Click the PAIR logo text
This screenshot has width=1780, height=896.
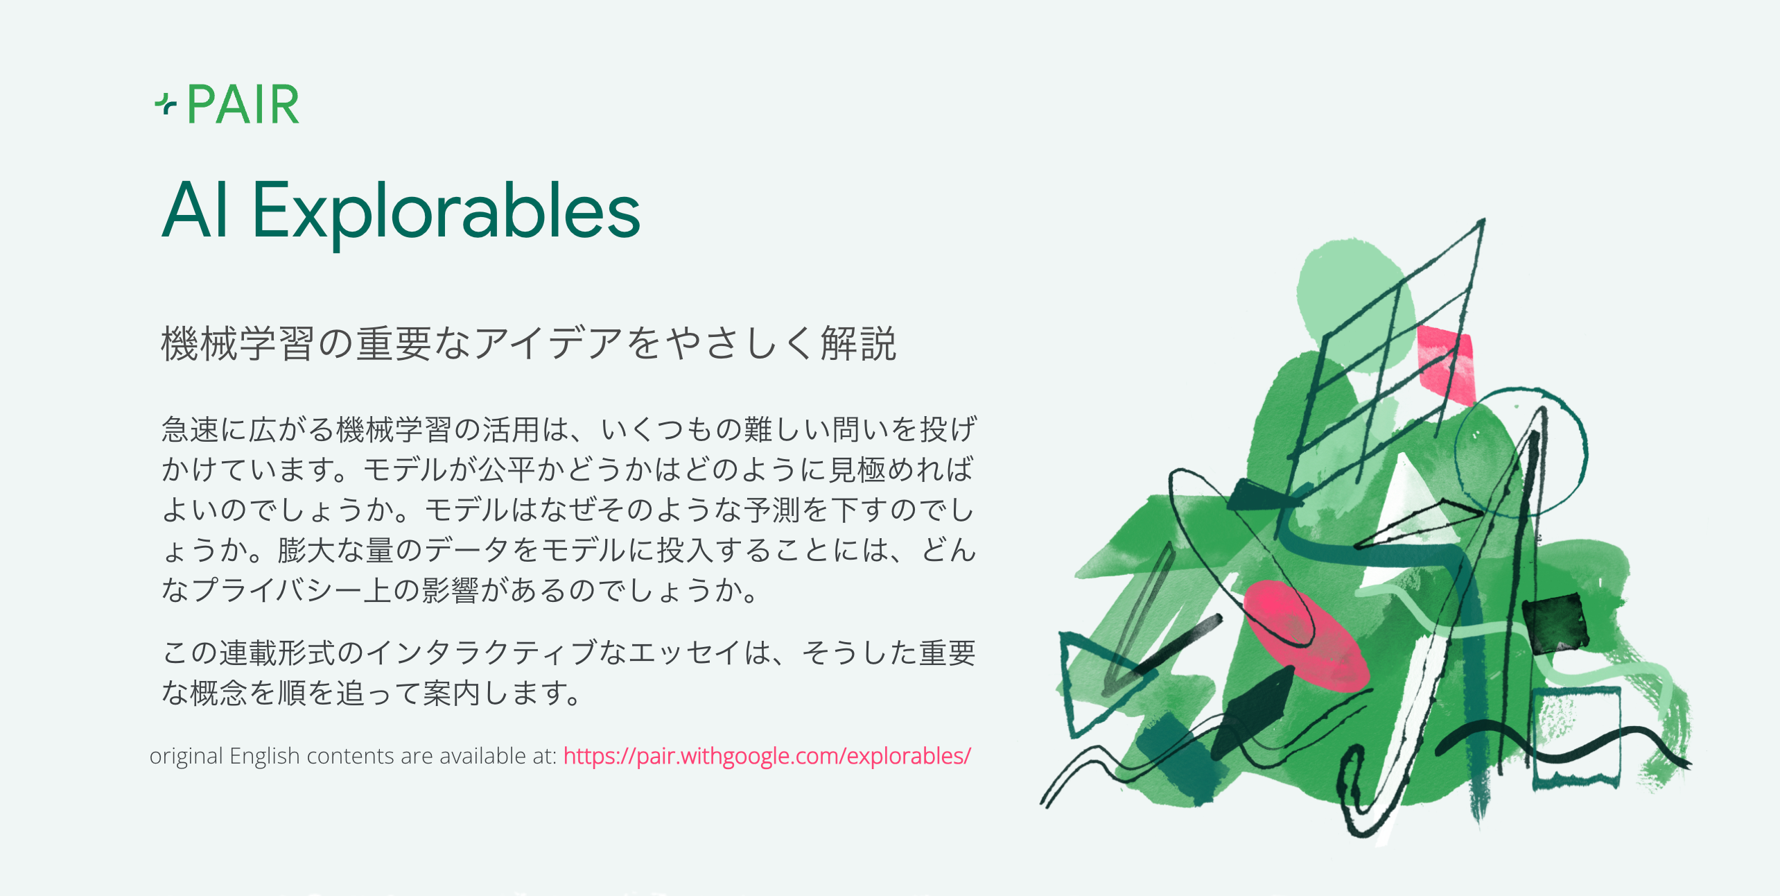(x=243, y=105)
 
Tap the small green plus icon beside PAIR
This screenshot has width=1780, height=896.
(x=165, y=105)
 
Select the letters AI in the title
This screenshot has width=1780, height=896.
(x=195, y=210)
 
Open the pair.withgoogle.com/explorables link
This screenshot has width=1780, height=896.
(x=767, y=755)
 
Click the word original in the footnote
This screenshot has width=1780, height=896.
(x=186, y=756)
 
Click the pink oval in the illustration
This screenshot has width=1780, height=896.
(x=1303, y=635)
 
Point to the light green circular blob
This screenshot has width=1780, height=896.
(x=1348, y=291)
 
